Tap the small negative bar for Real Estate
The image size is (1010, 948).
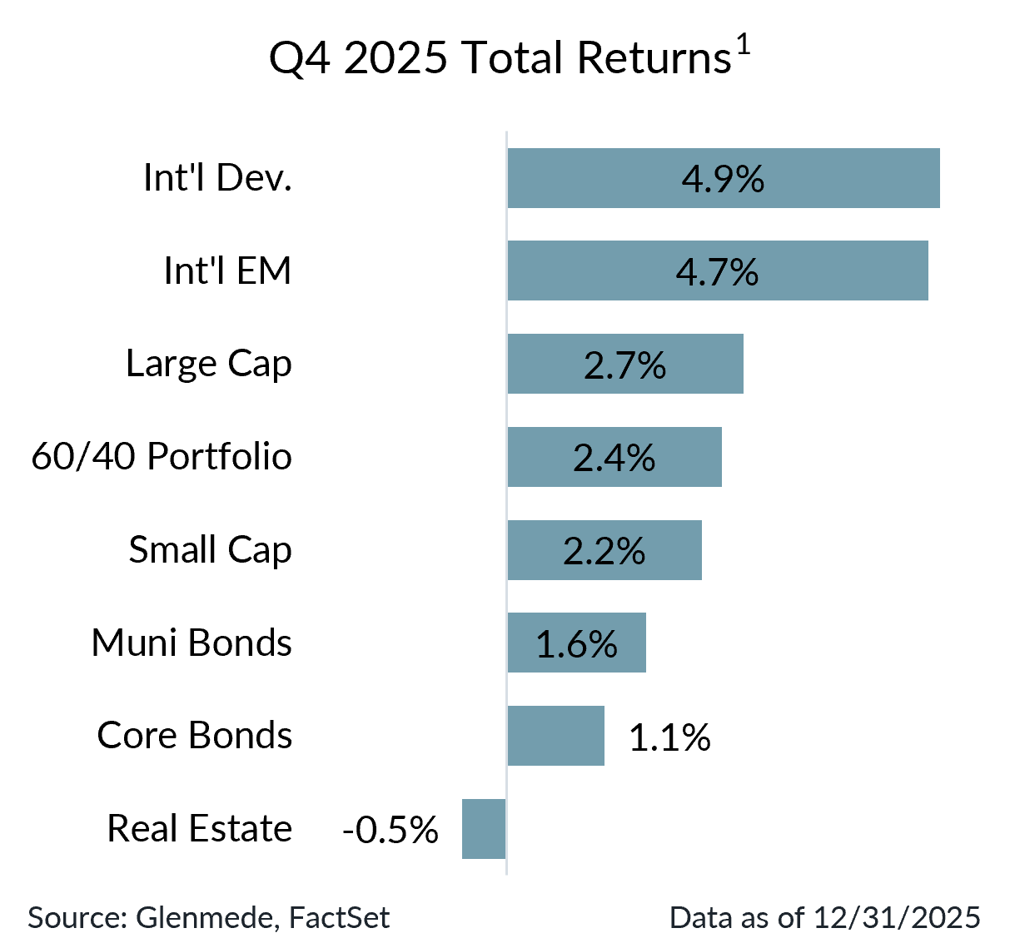[x=484, y=829]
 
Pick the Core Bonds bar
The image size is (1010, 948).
[x=555, y=736]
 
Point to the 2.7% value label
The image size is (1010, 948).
[x=624, y=365]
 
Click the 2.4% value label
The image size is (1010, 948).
[x=614, y=459]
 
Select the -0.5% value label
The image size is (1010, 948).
[x=390, y=830]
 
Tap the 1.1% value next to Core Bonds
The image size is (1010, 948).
[x=669, y=737]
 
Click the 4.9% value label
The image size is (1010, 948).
[x=723, y=179]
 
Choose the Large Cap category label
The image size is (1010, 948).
[x=209, y=365]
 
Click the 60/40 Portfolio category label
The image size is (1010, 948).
[x=162, y=457]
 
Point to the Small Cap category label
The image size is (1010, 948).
[x=210, y=550]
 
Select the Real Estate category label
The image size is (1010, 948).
[x=200, y=829]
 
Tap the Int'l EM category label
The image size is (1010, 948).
[x=227, y=271]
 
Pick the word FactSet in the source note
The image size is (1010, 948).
[x=339, y=917]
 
